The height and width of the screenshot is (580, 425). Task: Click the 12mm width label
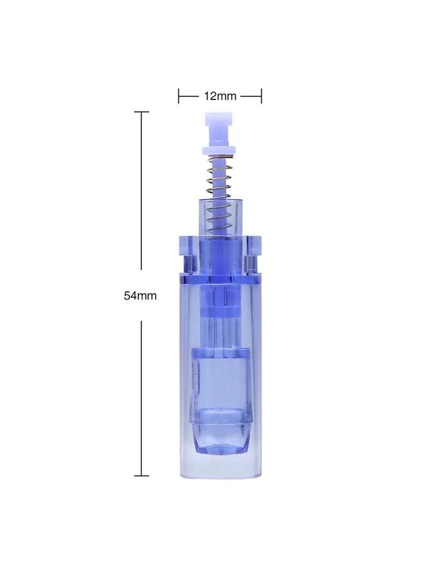[220, 96]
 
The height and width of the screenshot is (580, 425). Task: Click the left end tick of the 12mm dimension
[179, 96]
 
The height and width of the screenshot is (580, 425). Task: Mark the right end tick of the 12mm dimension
[261, 96]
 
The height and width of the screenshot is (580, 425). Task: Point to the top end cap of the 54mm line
[141, 112]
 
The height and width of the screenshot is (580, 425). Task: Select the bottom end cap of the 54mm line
[141, 476]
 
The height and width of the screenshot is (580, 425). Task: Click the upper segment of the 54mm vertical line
[141, 193]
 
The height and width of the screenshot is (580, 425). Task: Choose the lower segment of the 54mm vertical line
[141, 400]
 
